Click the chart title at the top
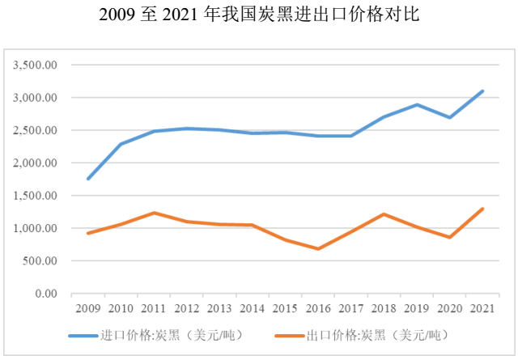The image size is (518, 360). click(x=259, y=15)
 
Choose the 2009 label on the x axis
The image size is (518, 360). click(x=87, y=308)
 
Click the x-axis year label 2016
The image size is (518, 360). click(x=317, y=308)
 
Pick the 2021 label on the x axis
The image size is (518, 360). click(x=482, y=308)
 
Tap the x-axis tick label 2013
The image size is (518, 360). click(x=219, y=308)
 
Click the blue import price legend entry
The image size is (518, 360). click(x=154, y=334)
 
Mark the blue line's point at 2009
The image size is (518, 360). click(x=87, y=179)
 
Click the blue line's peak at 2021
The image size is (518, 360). click(x=482, y=91)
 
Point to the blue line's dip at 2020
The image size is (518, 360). click(x=449, y=117)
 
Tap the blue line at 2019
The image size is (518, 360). click(x=417, y=104)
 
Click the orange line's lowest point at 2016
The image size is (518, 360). click(x=317, y=248)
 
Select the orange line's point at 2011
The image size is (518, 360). click(x=153, y=213)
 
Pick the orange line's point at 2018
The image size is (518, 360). click(x=384, y=214)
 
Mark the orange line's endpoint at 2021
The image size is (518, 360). click(x=482, y=209)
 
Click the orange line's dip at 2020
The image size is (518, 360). click(x=449, y=237)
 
